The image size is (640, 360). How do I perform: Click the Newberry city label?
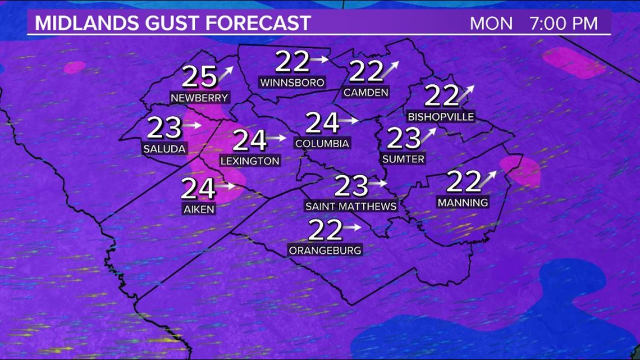click(x=199, y=98)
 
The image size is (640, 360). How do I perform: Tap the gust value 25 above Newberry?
click(x=199, y=77)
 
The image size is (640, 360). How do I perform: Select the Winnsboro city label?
click(x=292, y=83)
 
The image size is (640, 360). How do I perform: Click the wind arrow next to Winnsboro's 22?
click(x=321, y=59)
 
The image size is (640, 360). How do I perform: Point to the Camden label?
click(x=365, y=93)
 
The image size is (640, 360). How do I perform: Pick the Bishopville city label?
click(x=441, y=117)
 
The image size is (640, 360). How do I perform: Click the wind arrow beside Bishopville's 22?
click(x=465, y=93)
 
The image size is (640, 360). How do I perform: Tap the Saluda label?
click(x=164, y=149)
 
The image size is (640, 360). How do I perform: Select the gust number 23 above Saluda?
click(x=164, y=128)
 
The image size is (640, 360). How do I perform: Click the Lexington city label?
click(x=249, y=161)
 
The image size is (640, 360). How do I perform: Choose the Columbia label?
click(x=322, y=144)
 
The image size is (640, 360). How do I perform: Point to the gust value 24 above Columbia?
click(x=322, y=122)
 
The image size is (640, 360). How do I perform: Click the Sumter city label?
click(x=403, y=159)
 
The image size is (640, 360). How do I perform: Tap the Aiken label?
click(x=198, y=209)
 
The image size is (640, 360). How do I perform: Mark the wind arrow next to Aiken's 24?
click(x=227, y=185)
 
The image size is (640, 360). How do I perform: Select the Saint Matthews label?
click(x=350, y=206)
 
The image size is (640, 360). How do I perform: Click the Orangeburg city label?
click(x=325, y=250)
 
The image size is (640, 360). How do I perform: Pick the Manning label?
click(x=463, y=202)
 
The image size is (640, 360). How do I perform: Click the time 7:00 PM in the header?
click(x=563, y=24)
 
